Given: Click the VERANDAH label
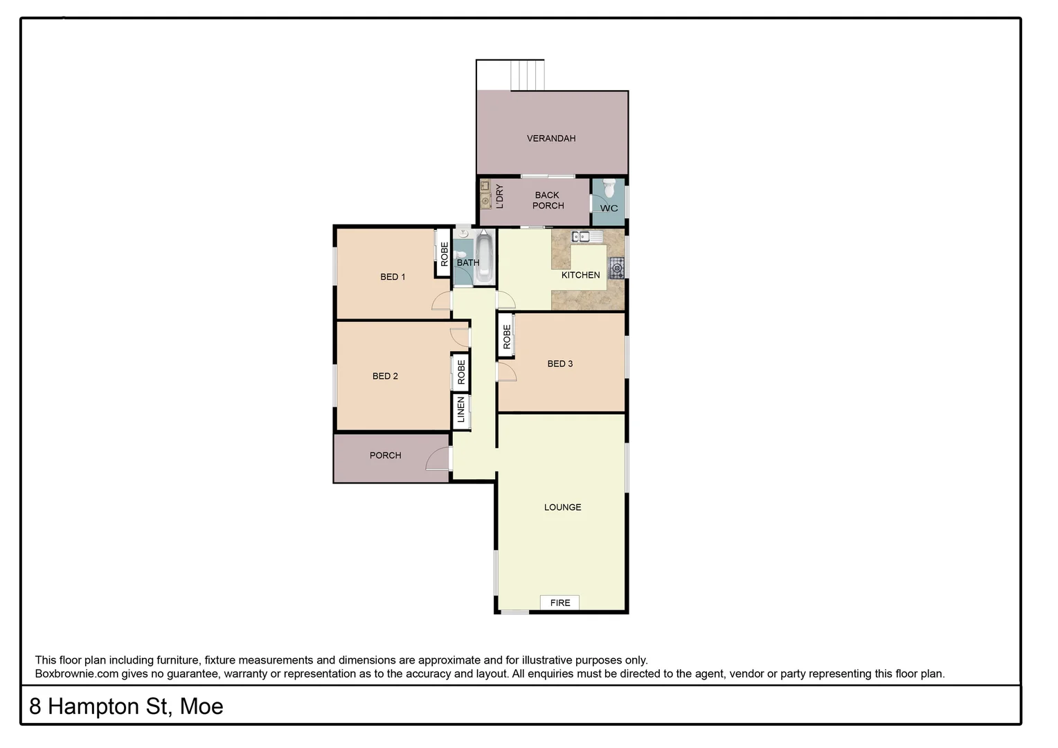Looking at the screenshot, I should click(x=550, y=139).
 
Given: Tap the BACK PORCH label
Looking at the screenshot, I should click(x=548, y=200).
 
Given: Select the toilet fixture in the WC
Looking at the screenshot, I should click(x=609, y=188).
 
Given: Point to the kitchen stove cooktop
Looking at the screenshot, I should click(x=616, y=267).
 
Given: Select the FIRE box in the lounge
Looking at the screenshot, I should click(x=560, y=603).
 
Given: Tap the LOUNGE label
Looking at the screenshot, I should click(x=562, y=507).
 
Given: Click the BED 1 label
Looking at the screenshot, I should click(x=393, y=277).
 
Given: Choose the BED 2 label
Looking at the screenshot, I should click(x=385, y=376).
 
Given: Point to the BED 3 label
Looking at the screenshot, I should click(x=559, y=364).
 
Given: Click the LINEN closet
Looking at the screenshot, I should click(x=461, y=410).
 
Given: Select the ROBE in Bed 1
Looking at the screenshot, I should click(x=443, y=253).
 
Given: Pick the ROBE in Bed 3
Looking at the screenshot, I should click(x=506, y=337).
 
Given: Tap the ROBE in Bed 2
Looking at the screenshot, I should click(x=461, y=373).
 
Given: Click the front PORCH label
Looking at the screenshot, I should click(x=385, y=455).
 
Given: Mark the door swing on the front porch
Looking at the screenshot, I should click(x=438, y=459).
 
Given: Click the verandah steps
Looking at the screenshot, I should click(x=527, y=75).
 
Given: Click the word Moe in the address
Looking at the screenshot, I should click(x=201, y=706).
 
